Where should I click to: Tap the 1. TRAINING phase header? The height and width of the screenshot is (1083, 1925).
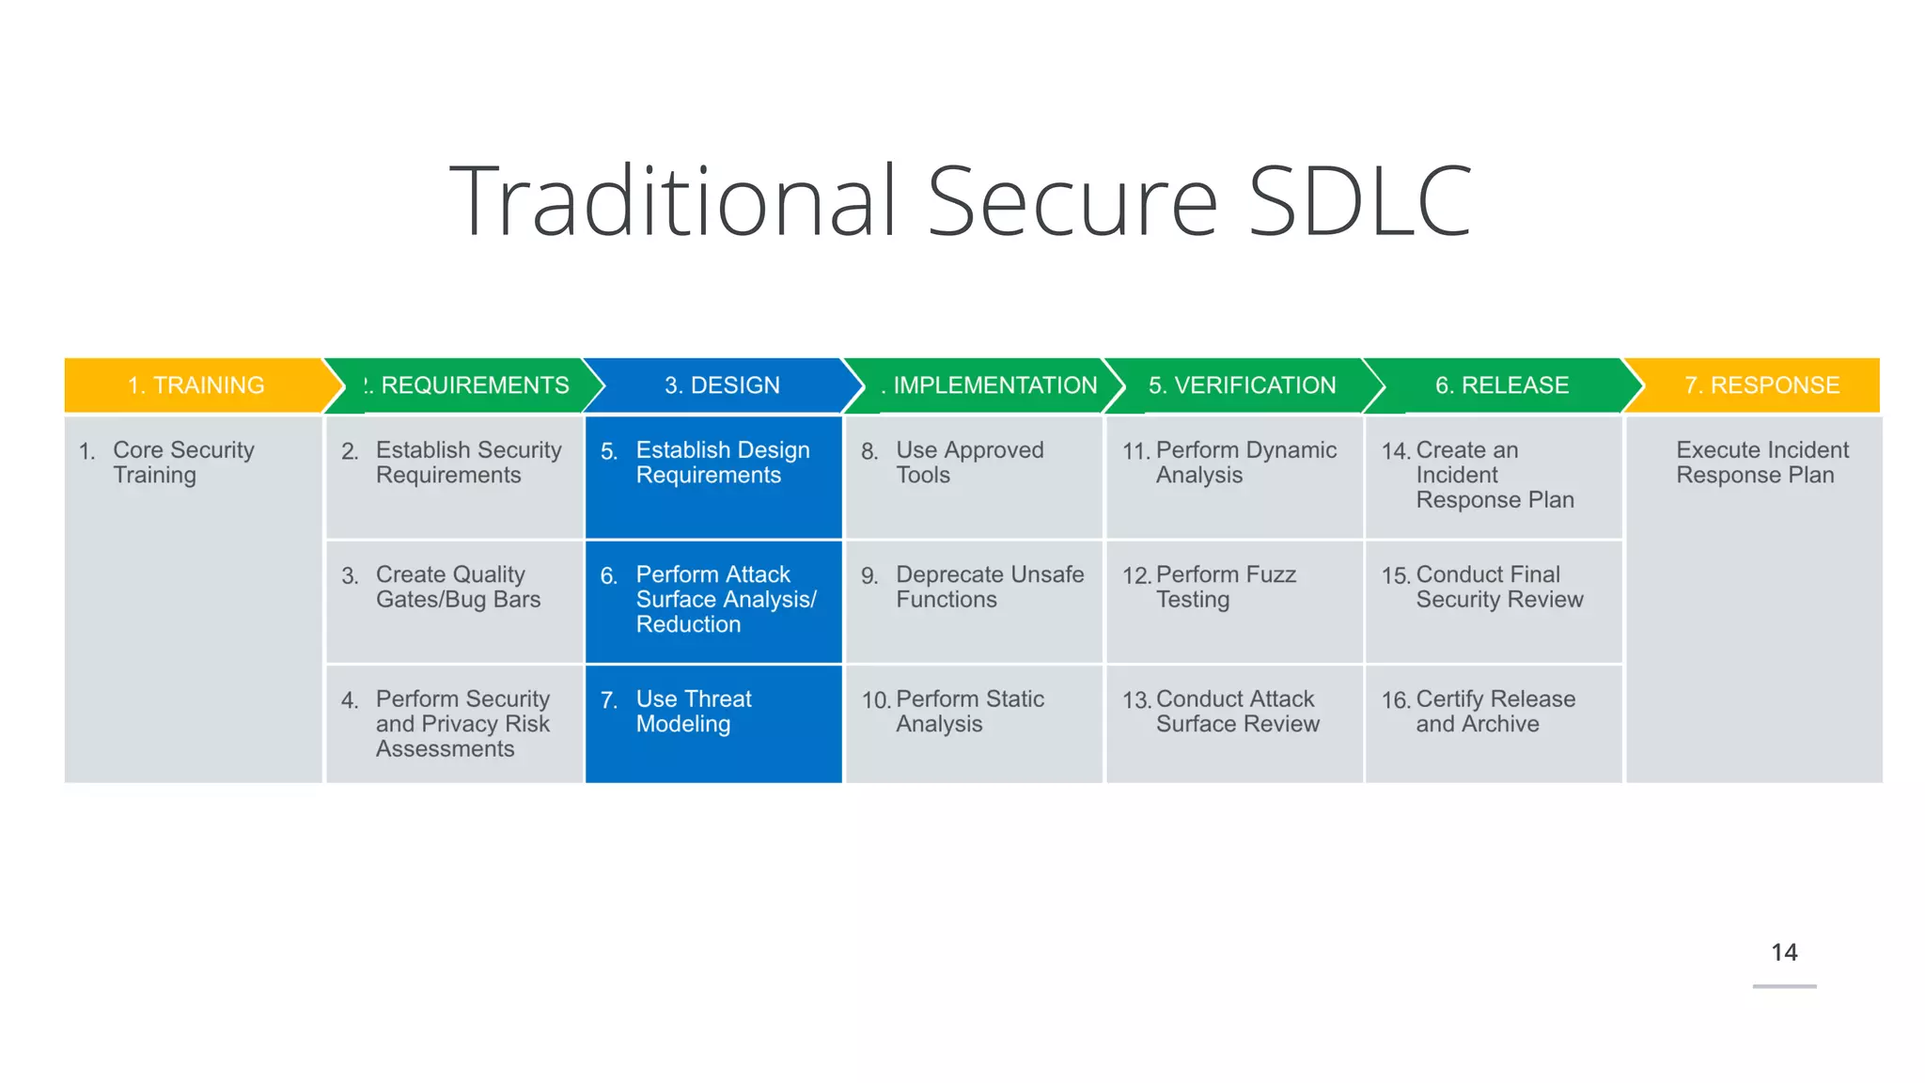coord(196,385)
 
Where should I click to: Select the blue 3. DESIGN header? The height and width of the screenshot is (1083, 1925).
coord(722,385)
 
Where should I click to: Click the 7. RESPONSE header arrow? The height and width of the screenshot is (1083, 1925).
coord(1761,385)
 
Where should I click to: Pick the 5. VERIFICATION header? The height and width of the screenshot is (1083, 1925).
coord(1241,385)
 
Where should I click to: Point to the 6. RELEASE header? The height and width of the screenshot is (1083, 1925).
coord(1501,385)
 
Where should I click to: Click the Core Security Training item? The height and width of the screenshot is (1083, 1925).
coord(183,463)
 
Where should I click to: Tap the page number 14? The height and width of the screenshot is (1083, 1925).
coord(1783,952)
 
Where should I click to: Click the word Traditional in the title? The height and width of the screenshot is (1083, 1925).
coord(673,201)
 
